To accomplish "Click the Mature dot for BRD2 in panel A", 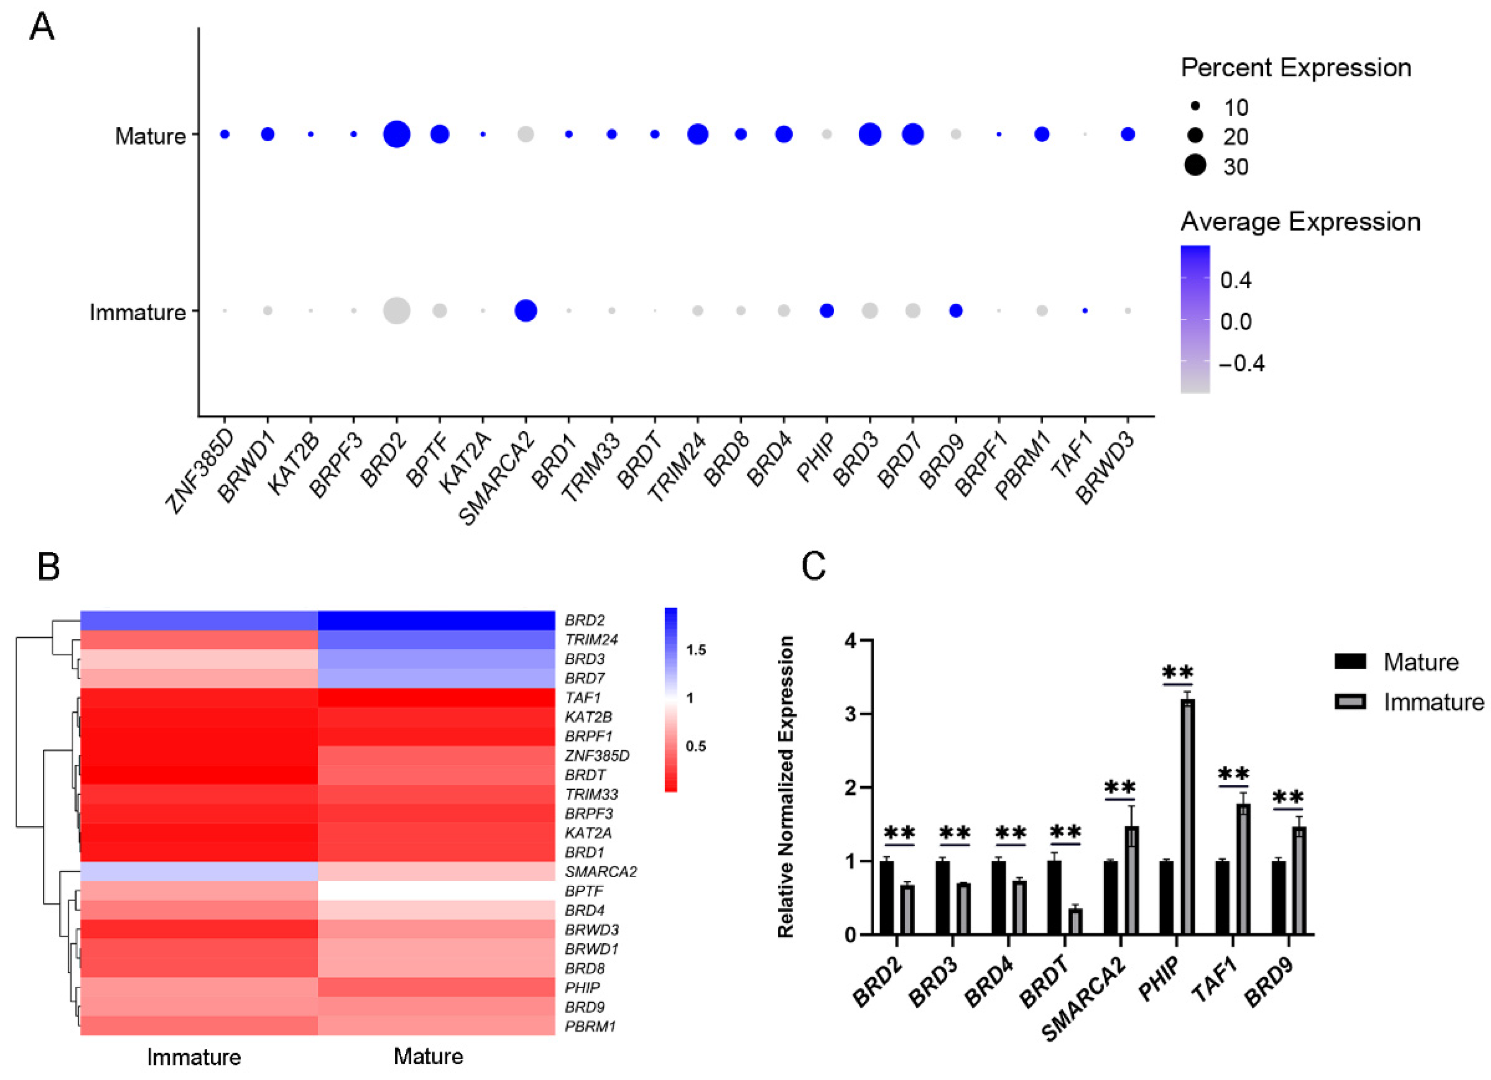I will point(396,134).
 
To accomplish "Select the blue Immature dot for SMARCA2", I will point(525,311).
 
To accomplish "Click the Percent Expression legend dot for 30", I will point(1195,166).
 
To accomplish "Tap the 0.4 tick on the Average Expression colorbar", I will point(1235,280).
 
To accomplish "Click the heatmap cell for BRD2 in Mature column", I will point(436,620).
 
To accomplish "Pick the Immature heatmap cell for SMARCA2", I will point(199,872).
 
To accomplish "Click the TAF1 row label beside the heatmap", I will point(583,697).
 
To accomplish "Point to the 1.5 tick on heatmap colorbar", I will point(696,650).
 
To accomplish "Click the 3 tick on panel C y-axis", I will point(852,714).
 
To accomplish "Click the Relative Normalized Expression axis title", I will point(786,786).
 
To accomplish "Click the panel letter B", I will point(49,566).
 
